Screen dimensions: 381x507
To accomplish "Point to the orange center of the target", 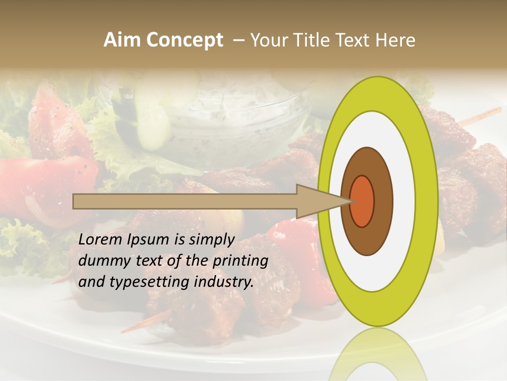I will pos(362,201).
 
